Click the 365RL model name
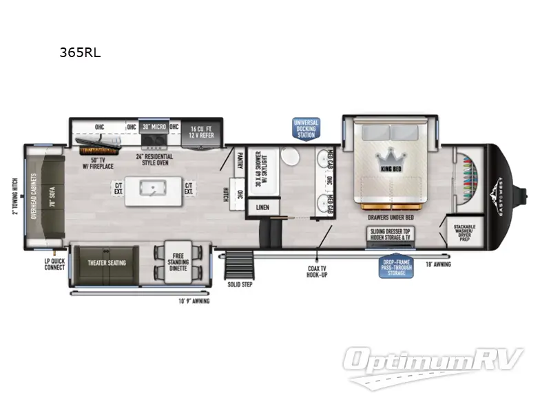(x=80, y=52)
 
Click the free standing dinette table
(x=178, y=264)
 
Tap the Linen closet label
(x=262, y=206)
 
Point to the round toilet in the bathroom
(x=291, y=157)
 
